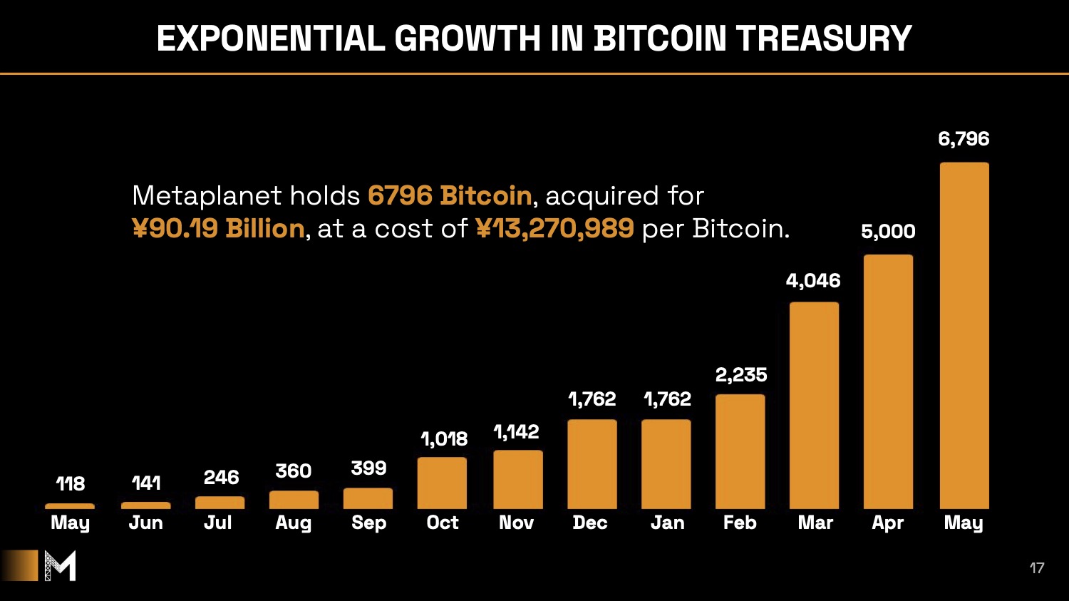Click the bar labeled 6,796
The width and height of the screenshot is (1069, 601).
[x=964, y=335]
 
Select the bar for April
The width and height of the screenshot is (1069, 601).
[x=888, y=381]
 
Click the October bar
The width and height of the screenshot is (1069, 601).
[x=442, y=483]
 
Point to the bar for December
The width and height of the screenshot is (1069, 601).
[x=592, y=464]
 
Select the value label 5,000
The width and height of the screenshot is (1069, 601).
[x=888, y=232]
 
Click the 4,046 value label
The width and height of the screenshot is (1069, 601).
[x=813, y=281]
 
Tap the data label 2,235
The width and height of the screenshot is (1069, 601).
[x=741, y=375]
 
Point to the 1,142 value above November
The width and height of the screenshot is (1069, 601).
[x=516, y=432]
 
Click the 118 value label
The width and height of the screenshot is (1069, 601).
[x=71, y=484]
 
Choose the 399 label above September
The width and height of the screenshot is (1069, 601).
[x=368, y=468]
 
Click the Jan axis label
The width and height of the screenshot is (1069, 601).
[x=667, y=523]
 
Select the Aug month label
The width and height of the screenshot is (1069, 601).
[x=294, y=523]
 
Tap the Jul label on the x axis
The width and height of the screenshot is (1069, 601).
[x=218, y=523]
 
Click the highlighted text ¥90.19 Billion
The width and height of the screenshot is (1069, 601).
[x=218, y=229]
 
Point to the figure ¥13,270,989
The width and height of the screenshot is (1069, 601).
[x=554, y=229]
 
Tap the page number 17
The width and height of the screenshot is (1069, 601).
[x=1037, y=568]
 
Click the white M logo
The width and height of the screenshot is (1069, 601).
[x=60, y=566]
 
